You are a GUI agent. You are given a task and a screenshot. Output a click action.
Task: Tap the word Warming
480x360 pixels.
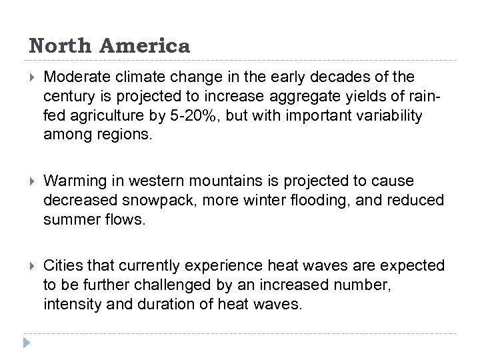coord(70,182)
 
